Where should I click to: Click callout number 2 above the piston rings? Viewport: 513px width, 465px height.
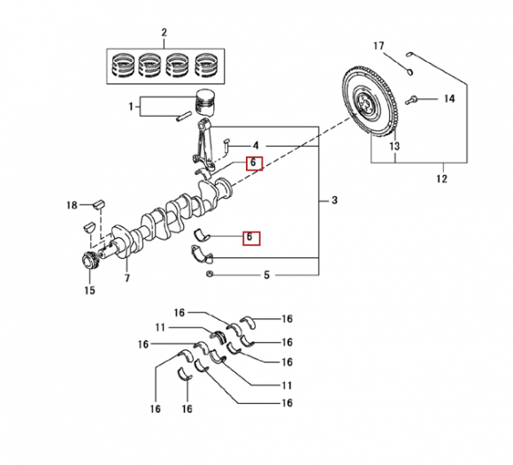coord(165,33)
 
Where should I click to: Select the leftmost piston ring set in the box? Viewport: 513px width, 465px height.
coord(123,65)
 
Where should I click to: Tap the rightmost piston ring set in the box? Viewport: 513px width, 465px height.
coord(206,65)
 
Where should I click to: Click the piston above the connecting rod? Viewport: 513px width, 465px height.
coord(205,103)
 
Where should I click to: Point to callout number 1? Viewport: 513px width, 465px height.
coord(131,107)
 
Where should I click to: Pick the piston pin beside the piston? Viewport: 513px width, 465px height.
coord(184,117)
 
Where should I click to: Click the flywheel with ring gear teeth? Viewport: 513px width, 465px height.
coord(370,103)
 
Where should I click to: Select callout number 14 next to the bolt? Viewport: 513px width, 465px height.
coord(449,98)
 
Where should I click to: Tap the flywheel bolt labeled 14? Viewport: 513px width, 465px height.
coord(411,100)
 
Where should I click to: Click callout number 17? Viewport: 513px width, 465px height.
coord(379,46)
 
